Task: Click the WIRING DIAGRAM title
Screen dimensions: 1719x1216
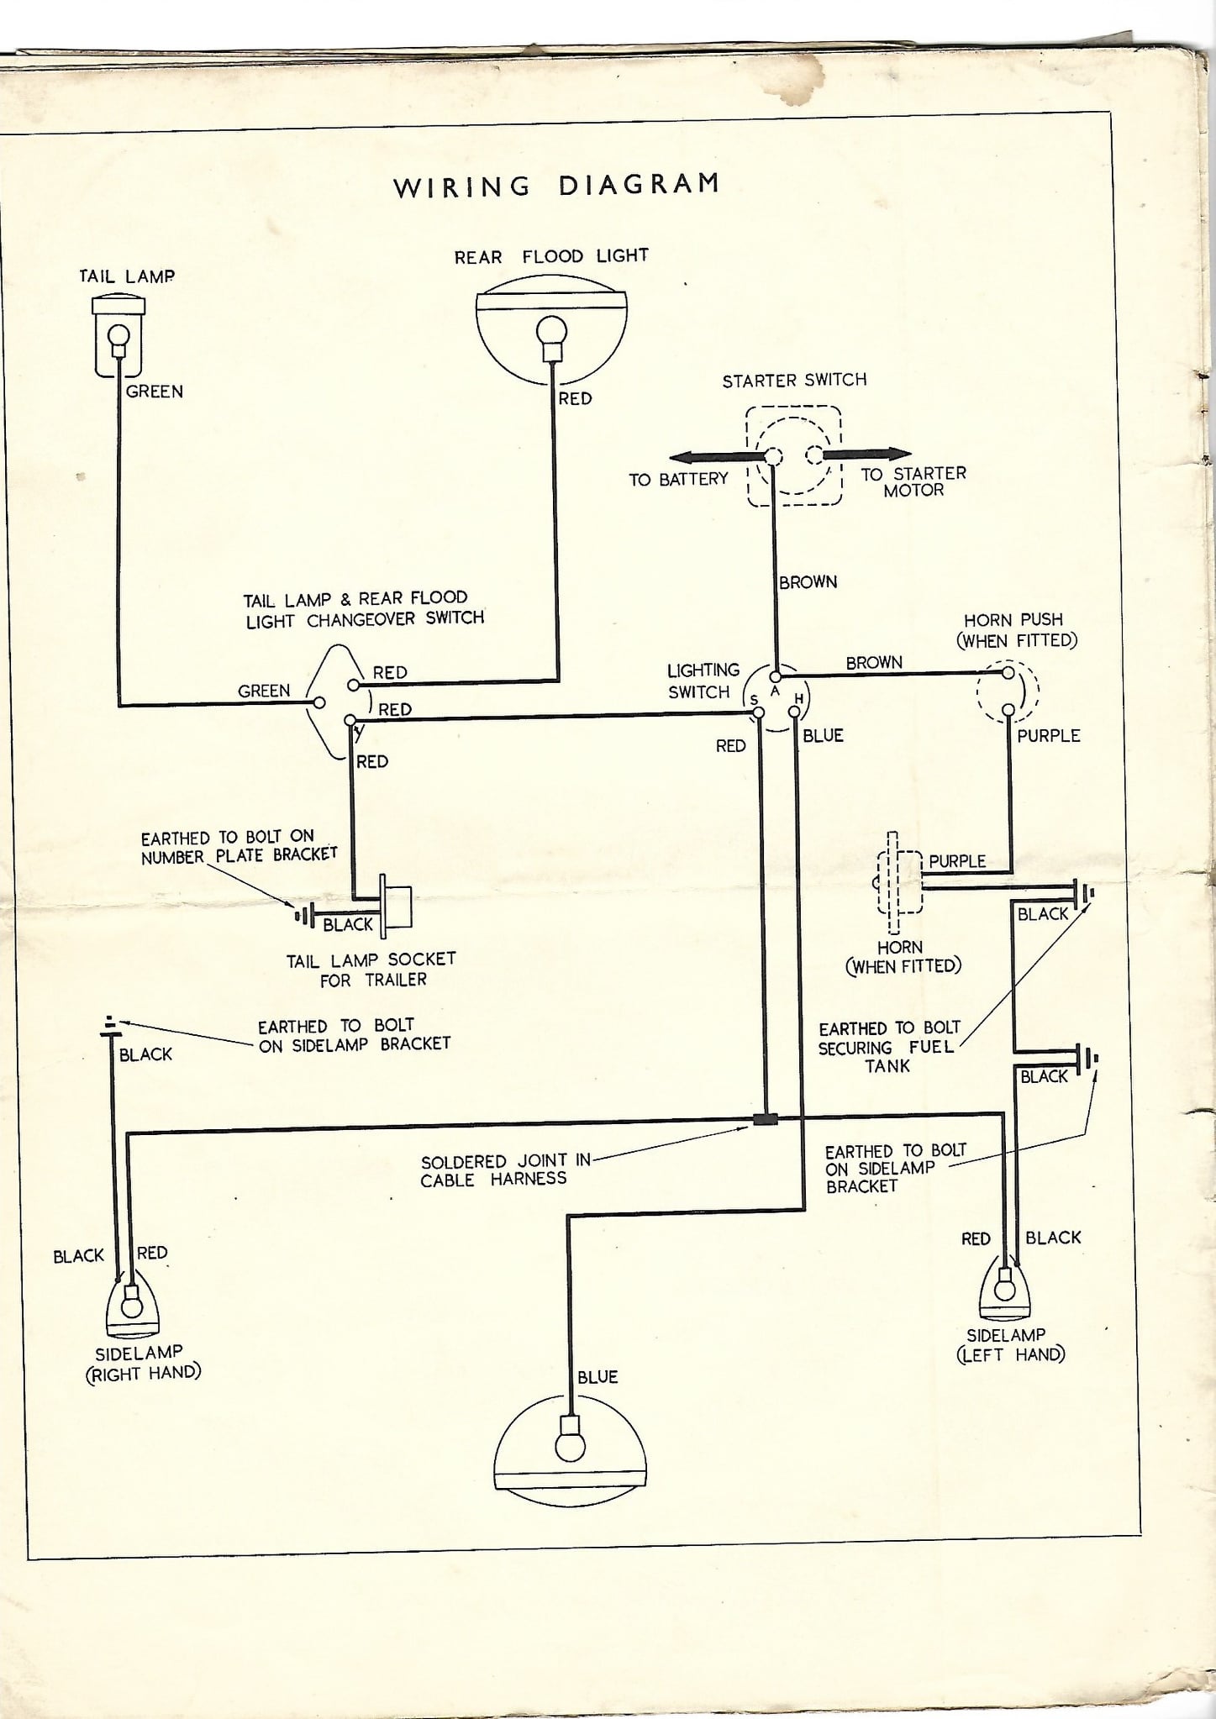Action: coord(556,184)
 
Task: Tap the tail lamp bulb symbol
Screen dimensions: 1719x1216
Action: coord(118,337)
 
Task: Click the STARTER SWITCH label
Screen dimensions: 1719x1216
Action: coord(794,380)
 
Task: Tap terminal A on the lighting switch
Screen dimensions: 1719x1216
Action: coord(776,676)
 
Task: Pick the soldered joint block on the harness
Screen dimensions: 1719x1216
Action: coord(765,1119)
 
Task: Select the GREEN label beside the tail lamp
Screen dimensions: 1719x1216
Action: coord(155,392)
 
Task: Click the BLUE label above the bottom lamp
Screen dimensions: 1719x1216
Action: coord(597,1376)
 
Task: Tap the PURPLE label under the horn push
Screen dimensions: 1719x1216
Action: coord(1048,735)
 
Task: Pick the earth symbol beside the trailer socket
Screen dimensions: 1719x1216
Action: coord(304,914)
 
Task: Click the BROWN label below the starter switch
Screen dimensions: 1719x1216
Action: coord(808,581)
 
